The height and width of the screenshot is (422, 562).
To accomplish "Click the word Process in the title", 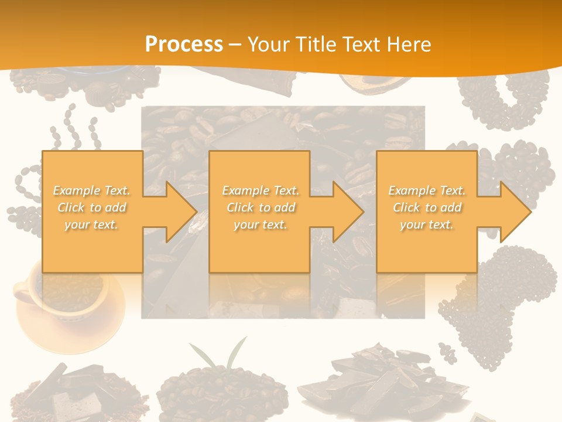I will pos(184,45).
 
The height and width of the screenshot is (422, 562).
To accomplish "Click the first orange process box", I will pos(92,246).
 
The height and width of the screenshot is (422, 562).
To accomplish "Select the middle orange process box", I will pos(259,246).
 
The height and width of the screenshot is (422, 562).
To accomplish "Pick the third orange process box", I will pos(426,246).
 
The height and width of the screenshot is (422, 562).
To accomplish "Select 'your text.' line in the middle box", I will pos(259,224).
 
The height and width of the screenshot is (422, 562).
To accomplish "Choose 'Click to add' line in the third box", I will pos(427,207).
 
